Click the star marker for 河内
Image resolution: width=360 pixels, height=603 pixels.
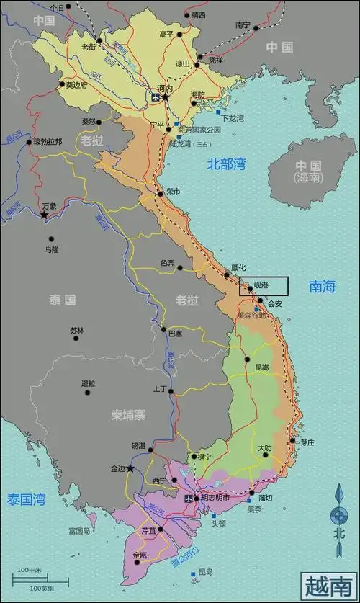tap(165, 97)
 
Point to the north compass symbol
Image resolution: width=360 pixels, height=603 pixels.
tap(338, 514)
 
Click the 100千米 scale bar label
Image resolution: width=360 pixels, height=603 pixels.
tap(30, 571)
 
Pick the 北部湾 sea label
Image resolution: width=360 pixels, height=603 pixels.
tap(227, 164)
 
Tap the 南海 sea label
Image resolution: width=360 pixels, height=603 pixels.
tap(323, 287)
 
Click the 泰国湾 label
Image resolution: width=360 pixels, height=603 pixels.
tap(27, 499)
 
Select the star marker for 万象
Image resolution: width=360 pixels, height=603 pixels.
tap(44, 215)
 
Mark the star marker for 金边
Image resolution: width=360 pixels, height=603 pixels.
tap(130, 468)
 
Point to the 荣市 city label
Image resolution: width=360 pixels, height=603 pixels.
tap(173, 192)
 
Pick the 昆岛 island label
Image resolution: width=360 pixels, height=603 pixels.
tap(205, 572)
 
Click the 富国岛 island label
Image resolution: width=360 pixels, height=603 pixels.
tap(78, 531)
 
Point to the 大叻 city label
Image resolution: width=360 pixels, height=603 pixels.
tap(265, 448)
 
